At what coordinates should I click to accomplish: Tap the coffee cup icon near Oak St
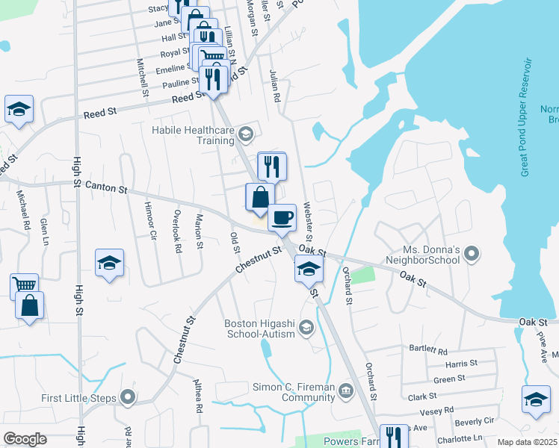[282, 217]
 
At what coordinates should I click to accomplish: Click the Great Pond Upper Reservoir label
[526, 117]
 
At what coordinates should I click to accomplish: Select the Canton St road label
[105, 187]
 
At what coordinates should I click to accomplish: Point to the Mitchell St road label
[141, 78]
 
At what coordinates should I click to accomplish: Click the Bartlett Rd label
[428, 350]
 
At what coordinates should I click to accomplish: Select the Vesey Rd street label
[438, 411]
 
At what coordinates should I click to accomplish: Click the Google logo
[25, 439]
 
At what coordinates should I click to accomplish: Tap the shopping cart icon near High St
[24, 285]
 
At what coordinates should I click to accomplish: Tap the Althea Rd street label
[199, 398]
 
